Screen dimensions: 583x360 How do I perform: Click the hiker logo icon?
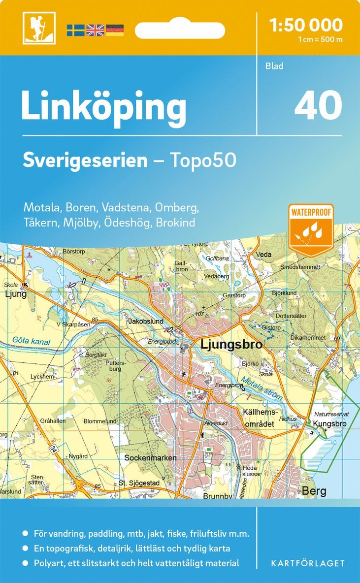(x=39, y=28)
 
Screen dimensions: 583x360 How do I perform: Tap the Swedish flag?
(x=75, y=30)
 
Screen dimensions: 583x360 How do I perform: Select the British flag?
(x=95, y=30)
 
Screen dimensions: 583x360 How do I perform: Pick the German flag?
(x=114, y=30)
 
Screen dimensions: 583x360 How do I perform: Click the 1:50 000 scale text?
(x=306, y=25)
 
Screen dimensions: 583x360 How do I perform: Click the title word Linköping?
(x=104, y=106)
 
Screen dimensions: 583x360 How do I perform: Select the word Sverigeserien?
(x=85, y=161)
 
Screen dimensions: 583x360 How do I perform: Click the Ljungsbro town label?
(x=231, y=345)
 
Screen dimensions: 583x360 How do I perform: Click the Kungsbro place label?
(x=329, y=423)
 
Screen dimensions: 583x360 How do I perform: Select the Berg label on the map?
(x=314, y=491)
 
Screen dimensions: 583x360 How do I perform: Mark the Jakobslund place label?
(x=145, y=321)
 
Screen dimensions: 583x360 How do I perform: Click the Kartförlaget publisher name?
(x=308, y=563)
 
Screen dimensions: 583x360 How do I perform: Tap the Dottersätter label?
(x=291, y=316)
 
